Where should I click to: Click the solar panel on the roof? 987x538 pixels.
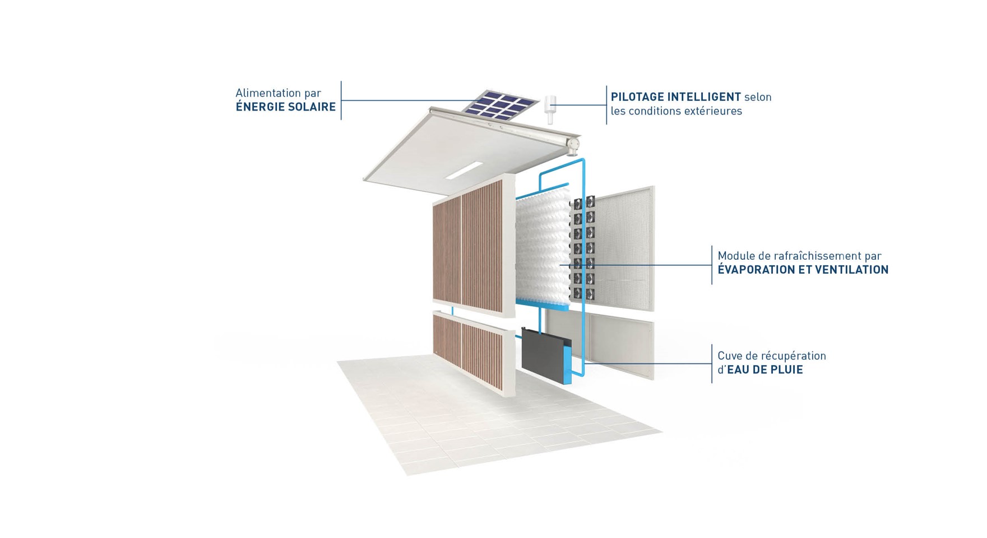pyautogui.click(x=502, y=105)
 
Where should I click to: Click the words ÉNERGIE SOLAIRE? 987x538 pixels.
pyautogui.click(x=285, y=107)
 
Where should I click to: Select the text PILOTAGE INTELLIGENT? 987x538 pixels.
pyautogui.click(x=675, y=97)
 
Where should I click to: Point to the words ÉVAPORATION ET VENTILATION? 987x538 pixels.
pyautogui.click(x=803, y=269)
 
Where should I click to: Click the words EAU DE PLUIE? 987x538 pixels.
pyautogui.click(x=764, y=369)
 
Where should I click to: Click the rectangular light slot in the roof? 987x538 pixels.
pyautogui.click(x=464, y=171)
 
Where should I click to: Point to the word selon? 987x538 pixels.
pyautogui.click(x=758, y=97)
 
